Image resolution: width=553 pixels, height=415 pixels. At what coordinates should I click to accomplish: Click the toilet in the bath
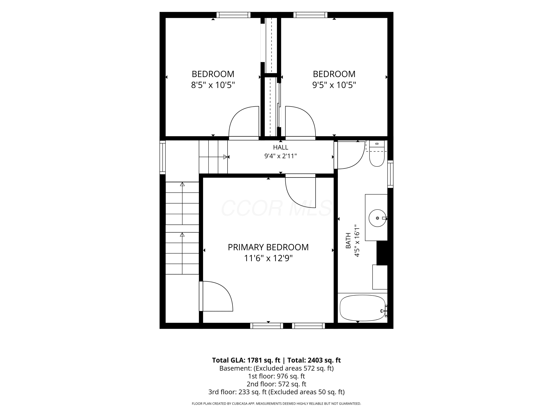[377, 153]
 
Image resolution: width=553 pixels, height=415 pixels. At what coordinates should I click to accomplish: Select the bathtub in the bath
[363, 308]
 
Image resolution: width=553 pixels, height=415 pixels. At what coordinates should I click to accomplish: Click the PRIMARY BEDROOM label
[268, 247]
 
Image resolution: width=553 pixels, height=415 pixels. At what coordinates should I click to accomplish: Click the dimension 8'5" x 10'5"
[213, 85]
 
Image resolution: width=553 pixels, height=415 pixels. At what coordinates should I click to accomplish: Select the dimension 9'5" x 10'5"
[334, 85]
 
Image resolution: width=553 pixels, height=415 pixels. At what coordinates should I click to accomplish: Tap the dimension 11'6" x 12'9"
[268, 258]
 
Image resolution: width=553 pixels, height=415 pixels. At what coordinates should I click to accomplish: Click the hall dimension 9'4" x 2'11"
[281, 156]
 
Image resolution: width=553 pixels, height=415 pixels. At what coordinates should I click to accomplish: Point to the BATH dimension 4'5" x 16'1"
[357, 241]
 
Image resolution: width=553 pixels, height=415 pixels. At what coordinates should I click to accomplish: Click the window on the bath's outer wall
[390, 174]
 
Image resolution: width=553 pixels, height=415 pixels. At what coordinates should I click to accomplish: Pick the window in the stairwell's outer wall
[163, 157]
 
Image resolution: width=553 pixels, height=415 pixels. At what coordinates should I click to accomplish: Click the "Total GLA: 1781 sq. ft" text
[246, 360]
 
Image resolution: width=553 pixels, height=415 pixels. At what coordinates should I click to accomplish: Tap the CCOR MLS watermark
[276, 208]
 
